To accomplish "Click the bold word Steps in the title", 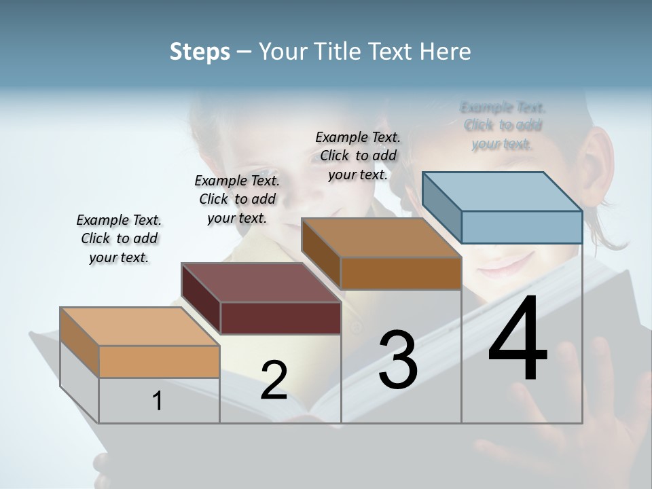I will tap(200, 52).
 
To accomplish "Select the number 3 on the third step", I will tap(397, 360).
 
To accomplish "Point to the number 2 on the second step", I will tap(274, 380).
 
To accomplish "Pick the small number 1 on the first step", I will tap(158, 401).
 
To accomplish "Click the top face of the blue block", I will tap(503, 191).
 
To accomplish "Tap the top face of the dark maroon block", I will tap(261, 283).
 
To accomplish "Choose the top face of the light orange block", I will tap(140, 327).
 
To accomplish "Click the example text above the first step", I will tap(119, 238).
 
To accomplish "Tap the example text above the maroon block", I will tap(237, 199).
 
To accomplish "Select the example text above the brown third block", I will tap(358, 156).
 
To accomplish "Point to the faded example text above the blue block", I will tap(503, 125).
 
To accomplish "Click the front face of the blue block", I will tap(522, 227).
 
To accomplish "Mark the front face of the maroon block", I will tap(280, 318).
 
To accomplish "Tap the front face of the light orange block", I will tap(159, 361).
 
